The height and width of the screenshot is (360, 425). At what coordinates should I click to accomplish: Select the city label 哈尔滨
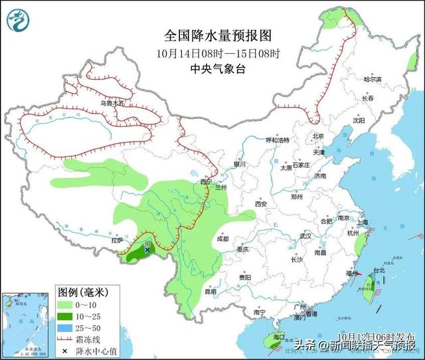(x=374, y=78)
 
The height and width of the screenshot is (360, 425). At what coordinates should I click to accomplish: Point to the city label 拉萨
(x=118, y=241)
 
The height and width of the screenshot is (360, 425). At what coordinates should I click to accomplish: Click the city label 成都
(x=222, y=238)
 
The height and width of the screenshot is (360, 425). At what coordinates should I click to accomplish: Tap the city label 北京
(x=317, y=136)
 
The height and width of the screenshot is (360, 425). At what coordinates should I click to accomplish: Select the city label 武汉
(x=305, y=236)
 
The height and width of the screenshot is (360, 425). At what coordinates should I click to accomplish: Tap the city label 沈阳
(x=359, y=121)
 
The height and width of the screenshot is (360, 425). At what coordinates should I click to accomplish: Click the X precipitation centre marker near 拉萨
(x=146, y=250)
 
